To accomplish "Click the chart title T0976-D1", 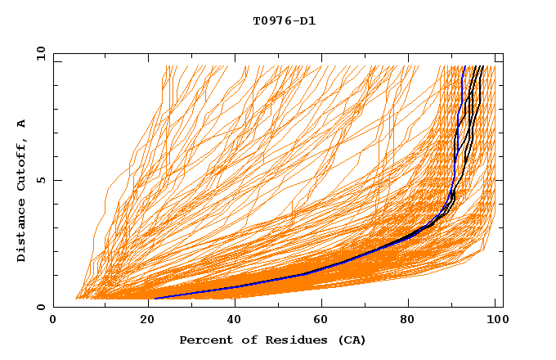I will coord(284,20).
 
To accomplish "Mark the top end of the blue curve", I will coord(464,66).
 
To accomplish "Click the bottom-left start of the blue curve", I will coord(155,299).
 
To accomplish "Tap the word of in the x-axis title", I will coord(251,340).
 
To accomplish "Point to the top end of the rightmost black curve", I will coord(483,66).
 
